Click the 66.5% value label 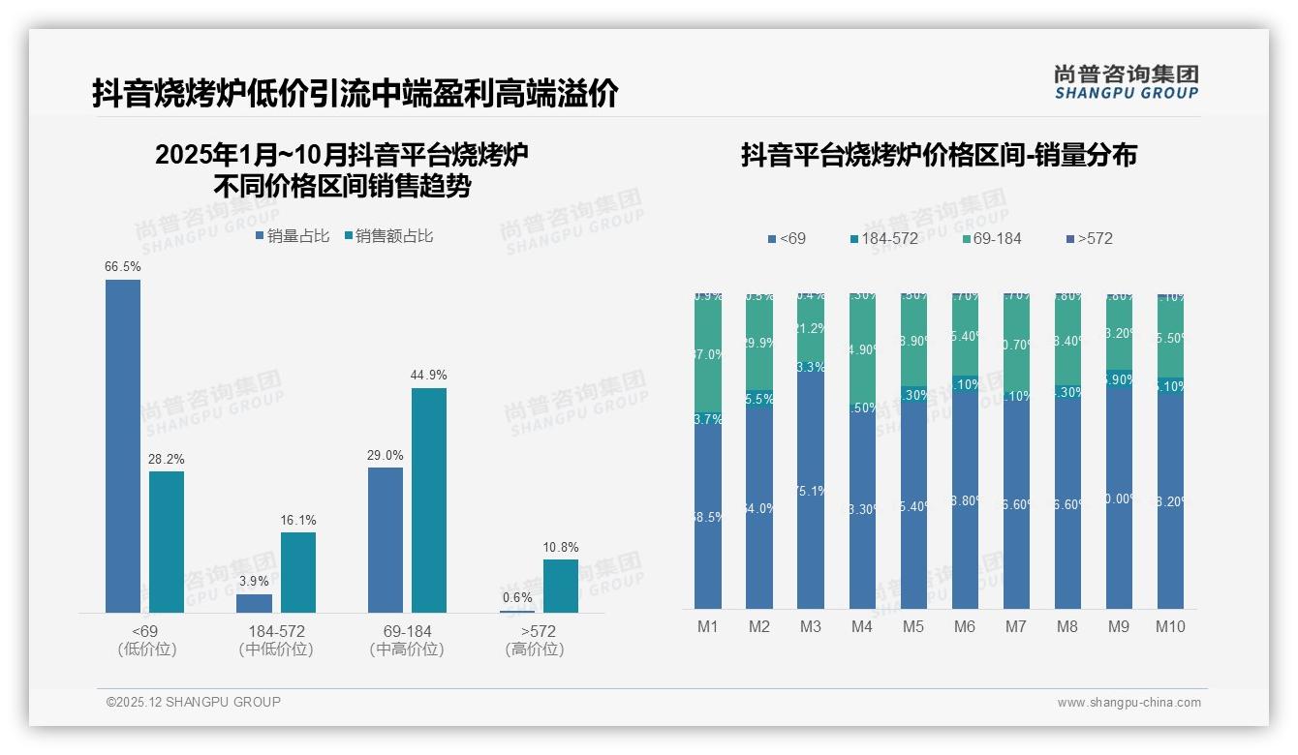[123, 266]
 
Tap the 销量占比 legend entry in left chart [293, 236]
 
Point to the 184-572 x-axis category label [276, 631]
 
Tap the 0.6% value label [517, 597]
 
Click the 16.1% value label [298, 520]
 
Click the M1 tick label [708, 626]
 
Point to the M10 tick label [1170, 626]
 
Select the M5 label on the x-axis [913, 626]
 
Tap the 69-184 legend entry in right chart [990, 238]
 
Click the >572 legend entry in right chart [1090, 238]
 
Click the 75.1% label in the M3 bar [811, 491]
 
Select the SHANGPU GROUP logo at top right [1126, 82]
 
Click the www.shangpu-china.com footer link [1128, 703]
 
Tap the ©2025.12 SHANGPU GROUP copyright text [194, 702]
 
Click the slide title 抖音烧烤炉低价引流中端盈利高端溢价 [355, 94]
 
